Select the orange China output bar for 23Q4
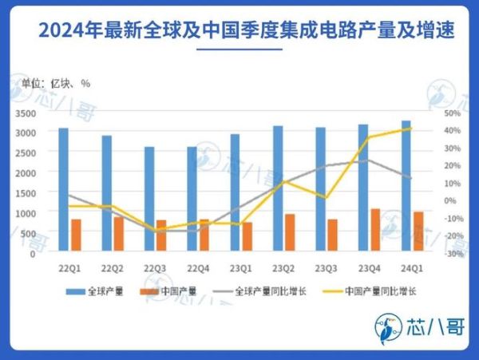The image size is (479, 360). coord(374,231)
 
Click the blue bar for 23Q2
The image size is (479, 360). coord(278,189)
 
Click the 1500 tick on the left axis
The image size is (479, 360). coord(24,192)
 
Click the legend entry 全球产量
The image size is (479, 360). coord(99,291)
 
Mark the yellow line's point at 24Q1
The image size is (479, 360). coord(410,129)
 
